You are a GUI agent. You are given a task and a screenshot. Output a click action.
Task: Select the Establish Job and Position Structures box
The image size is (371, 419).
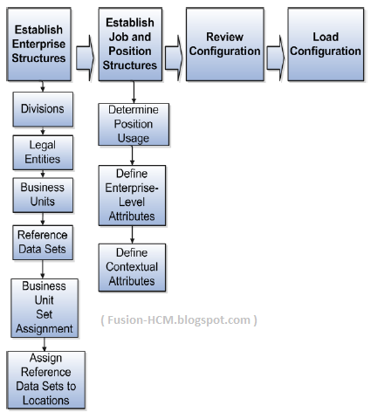pyautogui.click(x=133, y=44)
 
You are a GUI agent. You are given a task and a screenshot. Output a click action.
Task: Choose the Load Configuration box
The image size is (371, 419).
pyautogui.click(x=325, y=44)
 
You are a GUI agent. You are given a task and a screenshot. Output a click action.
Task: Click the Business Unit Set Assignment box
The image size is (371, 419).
pyautogui.click(x=43, y=307)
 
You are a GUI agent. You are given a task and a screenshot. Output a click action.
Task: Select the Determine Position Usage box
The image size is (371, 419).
pyautogui.click(x=132, y=124)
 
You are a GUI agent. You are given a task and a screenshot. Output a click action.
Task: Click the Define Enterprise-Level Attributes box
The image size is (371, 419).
pyautogui.click(x=132, y=196)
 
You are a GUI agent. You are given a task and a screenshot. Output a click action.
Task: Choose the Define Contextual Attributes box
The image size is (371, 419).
pyautogui.click(x=132, y=267)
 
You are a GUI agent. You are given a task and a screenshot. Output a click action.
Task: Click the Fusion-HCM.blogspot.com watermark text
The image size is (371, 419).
pyautogui.click(x=179, y=319)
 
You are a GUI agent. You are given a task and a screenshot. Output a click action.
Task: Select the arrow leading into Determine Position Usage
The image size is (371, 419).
pyautogui.click(x=133, y=93)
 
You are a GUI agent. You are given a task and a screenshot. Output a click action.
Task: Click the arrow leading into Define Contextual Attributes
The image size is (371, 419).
pyautogui.click(x=132, y=236)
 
